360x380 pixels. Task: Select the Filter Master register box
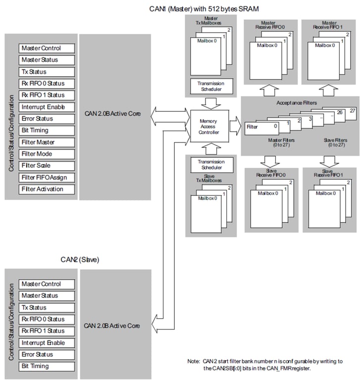tap(48, 142)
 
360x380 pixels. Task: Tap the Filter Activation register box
tap(48, 190)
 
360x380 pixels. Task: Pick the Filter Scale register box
tap(48, 166)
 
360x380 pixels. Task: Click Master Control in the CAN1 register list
tap(48, 48)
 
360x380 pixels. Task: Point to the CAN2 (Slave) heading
tap(80, 259)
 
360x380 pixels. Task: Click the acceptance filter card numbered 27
tap(352, 110)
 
